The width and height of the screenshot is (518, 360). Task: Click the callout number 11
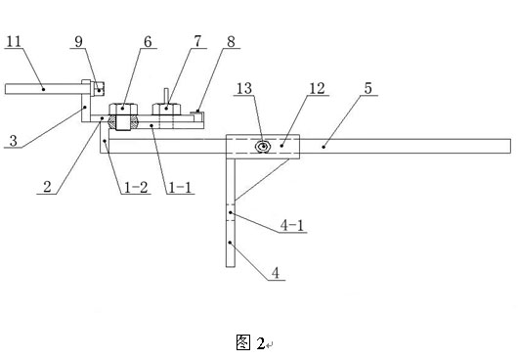click(x=14, y=41)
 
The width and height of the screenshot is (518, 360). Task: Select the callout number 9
click(x=78, y=42)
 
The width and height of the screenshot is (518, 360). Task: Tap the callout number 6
click(x=148, y=42)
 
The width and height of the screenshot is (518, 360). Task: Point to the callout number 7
click(x=197, y=41)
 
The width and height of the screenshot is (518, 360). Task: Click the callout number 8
click(x=231, y=42)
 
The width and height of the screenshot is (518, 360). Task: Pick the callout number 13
click(x=244, y=88)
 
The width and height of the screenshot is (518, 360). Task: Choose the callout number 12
click(x=317, y=88)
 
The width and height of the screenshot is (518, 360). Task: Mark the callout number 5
click(x=368, y=88)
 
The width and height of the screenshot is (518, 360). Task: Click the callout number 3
click(x=14, y=141)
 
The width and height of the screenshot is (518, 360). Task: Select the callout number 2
click(x=47, y=187)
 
